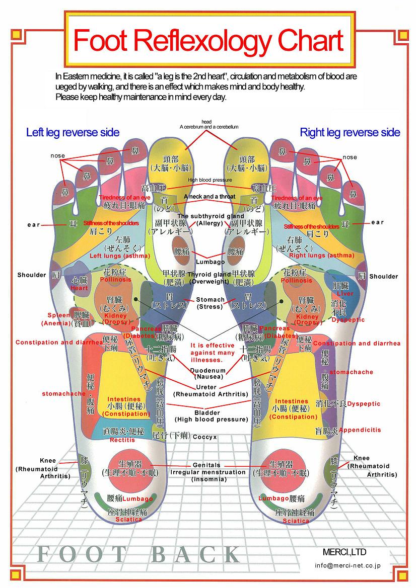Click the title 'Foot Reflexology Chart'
[x=208, y=41]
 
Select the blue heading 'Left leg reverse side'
[x=73, y=132]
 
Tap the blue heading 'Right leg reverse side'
[x=350, y=132]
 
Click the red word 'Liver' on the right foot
[x=345, y=293]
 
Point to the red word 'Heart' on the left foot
[x=79, y=288]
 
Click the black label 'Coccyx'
[x=204, y=437]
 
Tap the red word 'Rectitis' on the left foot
[x=122, y=440]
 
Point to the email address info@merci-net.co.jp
[x=348, y=565]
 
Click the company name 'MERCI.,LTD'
[x=344, y=552]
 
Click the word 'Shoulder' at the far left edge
[x=32, y=275]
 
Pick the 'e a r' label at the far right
[x=377, y=222]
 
